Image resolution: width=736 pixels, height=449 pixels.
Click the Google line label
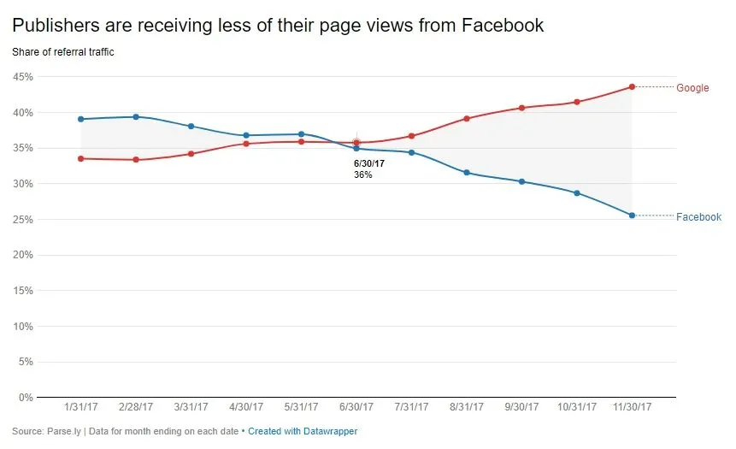tap(692, 88)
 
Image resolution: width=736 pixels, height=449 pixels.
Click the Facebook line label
tap(698, 217)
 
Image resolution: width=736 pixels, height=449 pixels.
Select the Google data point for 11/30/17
tap(632, 86)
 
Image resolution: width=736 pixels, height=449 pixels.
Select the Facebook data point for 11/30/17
tap(632, 216)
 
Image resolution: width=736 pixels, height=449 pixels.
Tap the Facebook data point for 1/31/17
tap(80, 119)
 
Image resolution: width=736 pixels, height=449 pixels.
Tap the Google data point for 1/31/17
tap(80, 158)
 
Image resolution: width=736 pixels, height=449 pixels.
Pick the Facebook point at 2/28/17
tap(136, 117)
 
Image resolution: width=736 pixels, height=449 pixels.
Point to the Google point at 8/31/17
tap(467, 118)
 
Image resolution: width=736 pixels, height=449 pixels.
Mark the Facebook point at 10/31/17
tap(577, 193)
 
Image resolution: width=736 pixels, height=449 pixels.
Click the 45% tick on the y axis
tap(23, 77)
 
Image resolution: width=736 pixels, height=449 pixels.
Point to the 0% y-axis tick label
tap(26, 398)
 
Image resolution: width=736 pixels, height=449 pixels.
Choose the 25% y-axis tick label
tap(23, 220)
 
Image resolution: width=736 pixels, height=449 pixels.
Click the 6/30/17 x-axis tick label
tap(356, 407)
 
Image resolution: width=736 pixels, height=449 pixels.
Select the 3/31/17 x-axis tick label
tap(191, 407)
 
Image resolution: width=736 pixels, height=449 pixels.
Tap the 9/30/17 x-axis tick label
tap(521, 407)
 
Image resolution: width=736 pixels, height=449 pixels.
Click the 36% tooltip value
tap(362, 174)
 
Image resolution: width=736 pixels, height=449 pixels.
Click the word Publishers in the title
tap(58, 26)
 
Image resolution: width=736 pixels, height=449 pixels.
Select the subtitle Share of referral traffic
tap(63, 52)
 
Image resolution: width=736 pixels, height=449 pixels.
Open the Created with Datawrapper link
tap(303, 432)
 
